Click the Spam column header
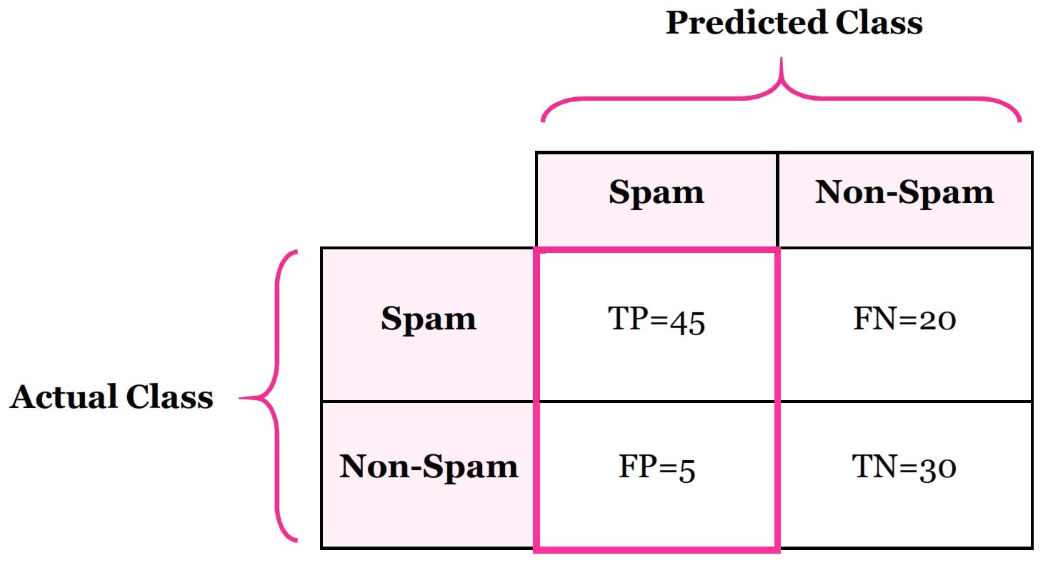(x=656, y=193)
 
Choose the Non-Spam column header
(x=904, y=193)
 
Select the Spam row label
(x=428, y=319)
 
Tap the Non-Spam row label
(x=428, y=467)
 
